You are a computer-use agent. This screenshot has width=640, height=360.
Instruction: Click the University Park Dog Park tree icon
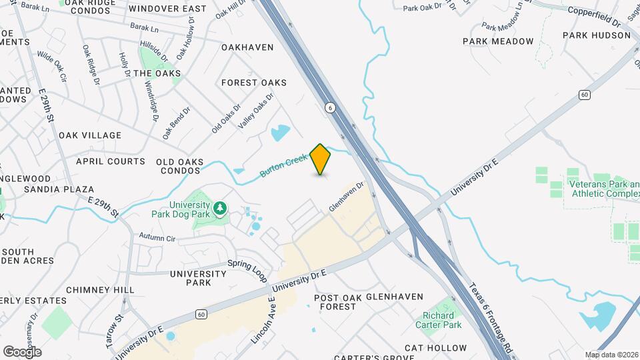[x=219, y=211]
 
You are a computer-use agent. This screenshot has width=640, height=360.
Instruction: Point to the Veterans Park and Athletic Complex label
[x=603, y=188]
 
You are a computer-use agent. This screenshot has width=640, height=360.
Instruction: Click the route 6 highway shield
[x=329, y=107]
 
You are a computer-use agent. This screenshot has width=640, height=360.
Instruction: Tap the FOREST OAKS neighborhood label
[x=254, y=83]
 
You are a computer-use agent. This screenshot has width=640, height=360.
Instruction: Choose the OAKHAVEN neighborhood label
[x=247, y=47]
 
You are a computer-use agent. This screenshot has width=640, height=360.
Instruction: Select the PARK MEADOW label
[x=499, y=41]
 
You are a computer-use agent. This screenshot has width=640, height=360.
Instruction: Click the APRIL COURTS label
[x=111, y=161]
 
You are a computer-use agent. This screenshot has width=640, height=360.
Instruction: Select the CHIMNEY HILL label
[x=100, y=290]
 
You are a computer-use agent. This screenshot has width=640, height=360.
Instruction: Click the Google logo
[x=22, y=351]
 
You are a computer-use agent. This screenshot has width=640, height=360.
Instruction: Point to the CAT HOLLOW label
[x=436, y=348]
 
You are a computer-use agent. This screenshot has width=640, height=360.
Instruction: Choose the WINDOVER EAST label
[x=167, y=9]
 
